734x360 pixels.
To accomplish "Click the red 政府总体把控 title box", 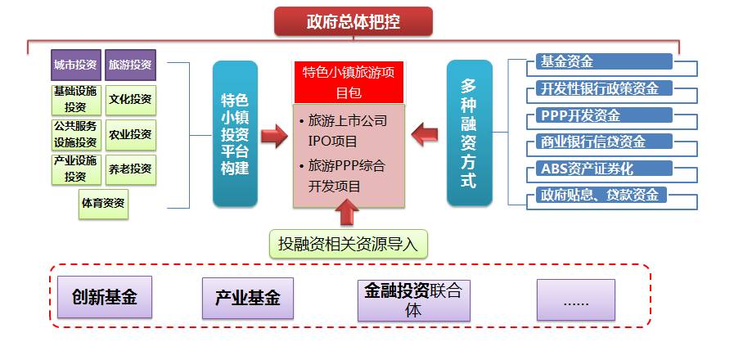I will click(x=353, y=21).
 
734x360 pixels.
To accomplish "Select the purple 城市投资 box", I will click(x=76, y=65).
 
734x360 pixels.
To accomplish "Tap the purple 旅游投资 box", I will click(x=130, y=65).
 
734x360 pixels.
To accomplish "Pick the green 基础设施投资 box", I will click(x=76, y=99).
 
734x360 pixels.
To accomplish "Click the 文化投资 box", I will click(x=130, y=99).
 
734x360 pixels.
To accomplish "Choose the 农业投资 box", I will click(x=130, y=134).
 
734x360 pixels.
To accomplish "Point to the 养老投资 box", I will click(x=130, y=169).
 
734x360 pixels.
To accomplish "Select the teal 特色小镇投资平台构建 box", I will click(x=235, y=133).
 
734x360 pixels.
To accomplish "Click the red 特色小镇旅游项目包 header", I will click(x=349, y=82).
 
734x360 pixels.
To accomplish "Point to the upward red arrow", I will click(x=348, y=212).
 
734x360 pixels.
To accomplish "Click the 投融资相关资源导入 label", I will click(x=348, y=243).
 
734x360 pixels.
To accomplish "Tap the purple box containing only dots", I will click(x=575, y=299).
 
